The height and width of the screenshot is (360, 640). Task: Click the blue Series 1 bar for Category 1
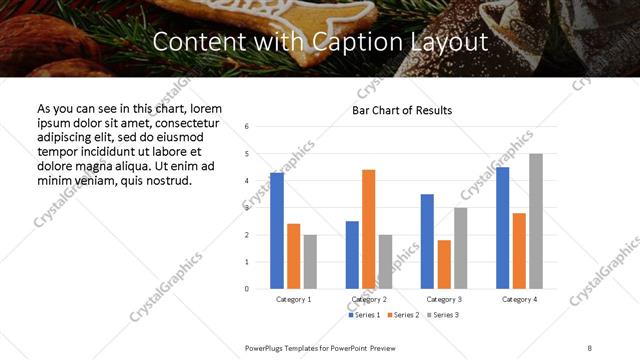click(x=277, y=231)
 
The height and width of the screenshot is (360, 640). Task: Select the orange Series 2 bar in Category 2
click(x=369, y=229)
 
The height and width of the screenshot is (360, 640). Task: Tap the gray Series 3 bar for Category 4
click(x=536, y=221)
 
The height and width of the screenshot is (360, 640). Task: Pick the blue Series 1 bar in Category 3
click(x=427, y=241)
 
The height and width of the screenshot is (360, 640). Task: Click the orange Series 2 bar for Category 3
click(x=444, y=264)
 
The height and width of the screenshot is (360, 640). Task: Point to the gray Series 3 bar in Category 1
click(x=310, y=262)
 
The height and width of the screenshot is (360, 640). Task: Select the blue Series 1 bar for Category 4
click(x=503, y=228)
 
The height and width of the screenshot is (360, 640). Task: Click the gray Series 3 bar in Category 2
click(x=386, y=262)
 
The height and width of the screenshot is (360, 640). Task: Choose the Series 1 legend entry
click(x=364, y=315)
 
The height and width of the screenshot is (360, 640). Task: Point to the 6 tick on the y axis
click(x=247, y=127)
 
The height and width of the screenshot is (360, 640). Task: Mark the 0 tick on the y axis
click(x=247, y=289)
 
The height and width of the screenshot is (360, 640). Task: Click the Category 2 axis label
click(x=369, y=299)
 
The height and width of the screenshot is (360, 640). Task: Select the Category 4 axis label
click(x=519, y=299)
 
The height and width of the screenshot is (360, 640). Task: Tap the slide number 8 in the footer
click(x=589, y=347)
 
